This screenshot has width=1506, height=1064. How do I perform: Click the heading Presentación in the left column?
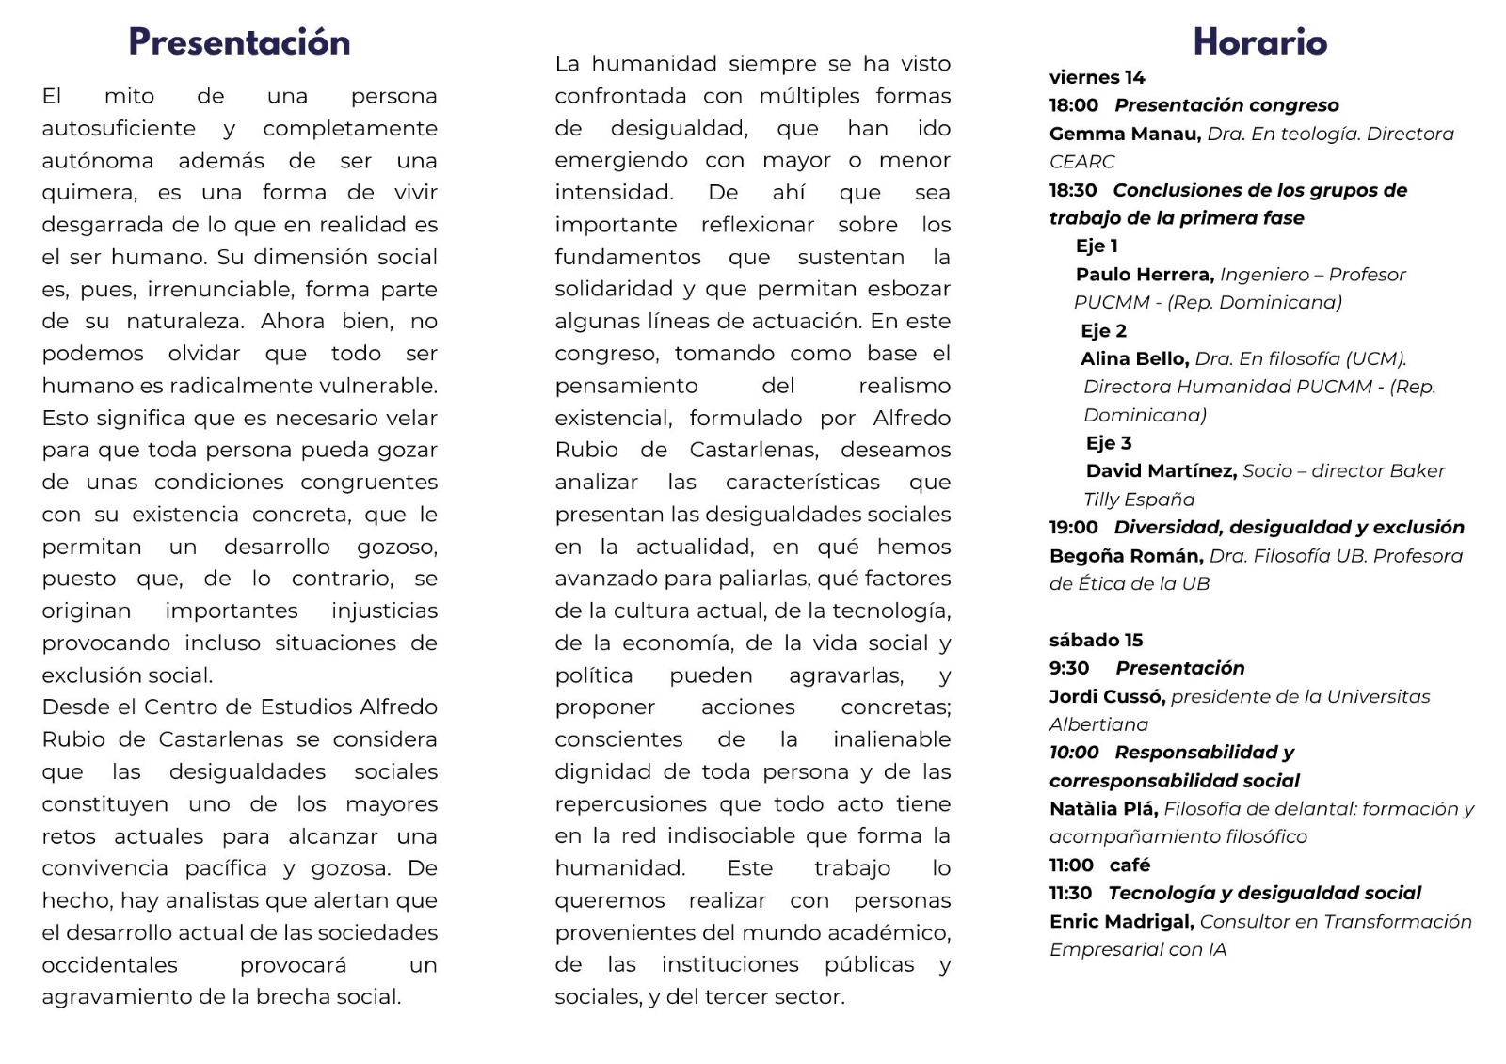click(239, 42)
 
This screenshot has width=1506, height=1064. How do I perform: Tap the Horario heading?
click(1259, 42)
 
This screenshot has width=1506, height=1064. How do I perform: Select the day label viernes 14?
click(1097, 77)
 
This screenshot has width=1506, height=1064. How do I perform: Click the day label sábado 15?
click(1096, 640)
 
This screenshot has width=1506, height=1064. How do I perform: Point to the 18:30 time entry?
click(1073, 190)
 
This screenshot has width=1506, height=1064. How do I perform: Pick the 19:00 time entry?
click(1073, 528)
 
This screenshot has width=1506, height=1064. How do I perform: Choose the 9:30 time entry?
click(1069, 668)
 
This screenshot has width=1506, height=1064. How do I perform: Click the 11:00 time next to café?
click(1071, 865)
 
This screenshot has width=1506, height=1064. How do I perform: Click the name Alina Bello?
click(1134, 358)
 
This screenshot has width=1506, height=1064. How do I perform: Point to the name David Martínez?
click(1161, 471)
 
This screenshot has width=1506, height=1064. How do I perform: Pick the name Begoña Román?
click(1126, 556)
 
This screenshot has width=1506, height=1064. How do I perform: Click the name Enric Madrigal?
click(1121, 921)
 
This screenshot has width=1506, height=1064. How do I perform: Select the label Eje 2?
click(1103, 331)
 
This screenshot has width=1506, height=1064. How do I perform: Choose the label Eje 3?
click(1109, 443)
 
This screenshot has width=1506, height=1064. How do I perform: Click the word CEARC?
click(1081, 162)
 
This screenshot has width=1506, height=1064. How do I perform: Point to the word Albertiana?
click(1098, 724)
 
